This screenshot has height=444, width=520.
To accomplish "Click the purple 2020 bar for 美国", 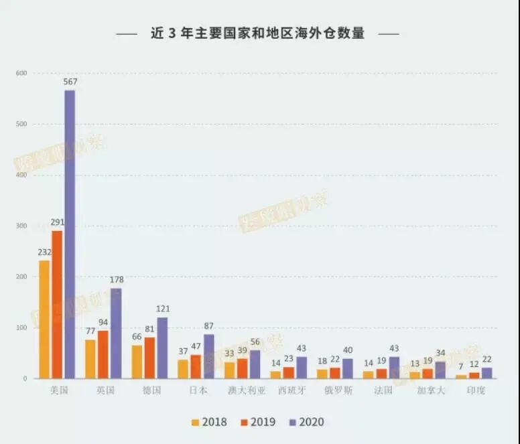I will pyautogui.click(x=70, y=234).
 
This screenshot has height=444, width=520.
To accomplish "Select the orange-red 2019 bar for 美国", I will pyautogui.click(x=57, y=305).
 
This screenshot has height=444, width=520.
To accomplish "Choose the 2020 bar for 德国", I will pyautogui.click(x=162, y=348).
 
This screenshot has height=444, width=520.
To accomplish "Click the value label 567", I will pyautogui.click(x=70, y=82).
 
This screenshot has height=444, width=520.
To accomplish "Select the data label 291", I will pyautogui.click(x=58, y=222).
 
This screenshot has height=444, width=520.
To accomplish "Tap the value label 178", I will pyautogui.click(x=117, y=280).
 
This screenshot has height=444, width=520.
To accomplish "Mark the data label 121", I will pyautogui.click(x=163, y=309).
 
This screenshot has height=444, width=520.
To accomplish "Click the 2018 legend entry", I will pyautogui.click(x=208, y=423).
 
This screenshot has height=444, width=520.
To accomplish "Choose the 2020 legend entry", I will pyautogui.click(x=306, y=423).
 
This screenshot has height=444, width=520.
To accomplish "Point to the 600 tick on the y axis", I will pyautogui.click(x=21, y=73).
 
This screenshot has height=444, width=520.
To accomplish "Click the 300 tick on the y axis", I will pyautogui.click(x=21, y=226).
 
